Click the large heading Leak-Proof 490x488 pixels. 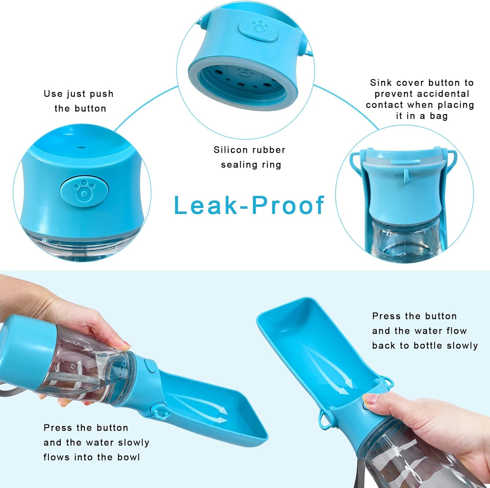249,205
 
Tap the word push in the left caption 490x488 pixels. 102,94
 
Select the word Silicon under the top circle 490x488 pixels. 231,149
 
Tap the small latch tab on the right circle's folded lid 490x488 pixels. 406,175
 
